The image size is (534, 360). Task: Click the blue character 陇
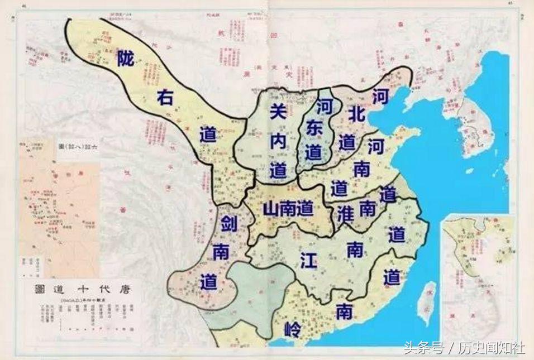click(x=126, y=59)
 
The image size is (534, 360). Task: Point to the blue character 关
click(x=278, y=112)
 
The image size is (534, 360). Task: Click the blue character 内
click(x=278, y=142)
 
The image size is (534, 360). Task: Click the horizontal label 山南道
click(x=288, y=209)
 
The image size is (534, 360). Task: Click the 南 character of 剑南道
click(x=221, y=253)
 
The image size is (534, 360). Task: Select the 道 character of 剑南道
click(x=209, y=282)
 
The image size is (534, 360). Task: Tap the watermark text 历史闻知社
click(x=492, y=348)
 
